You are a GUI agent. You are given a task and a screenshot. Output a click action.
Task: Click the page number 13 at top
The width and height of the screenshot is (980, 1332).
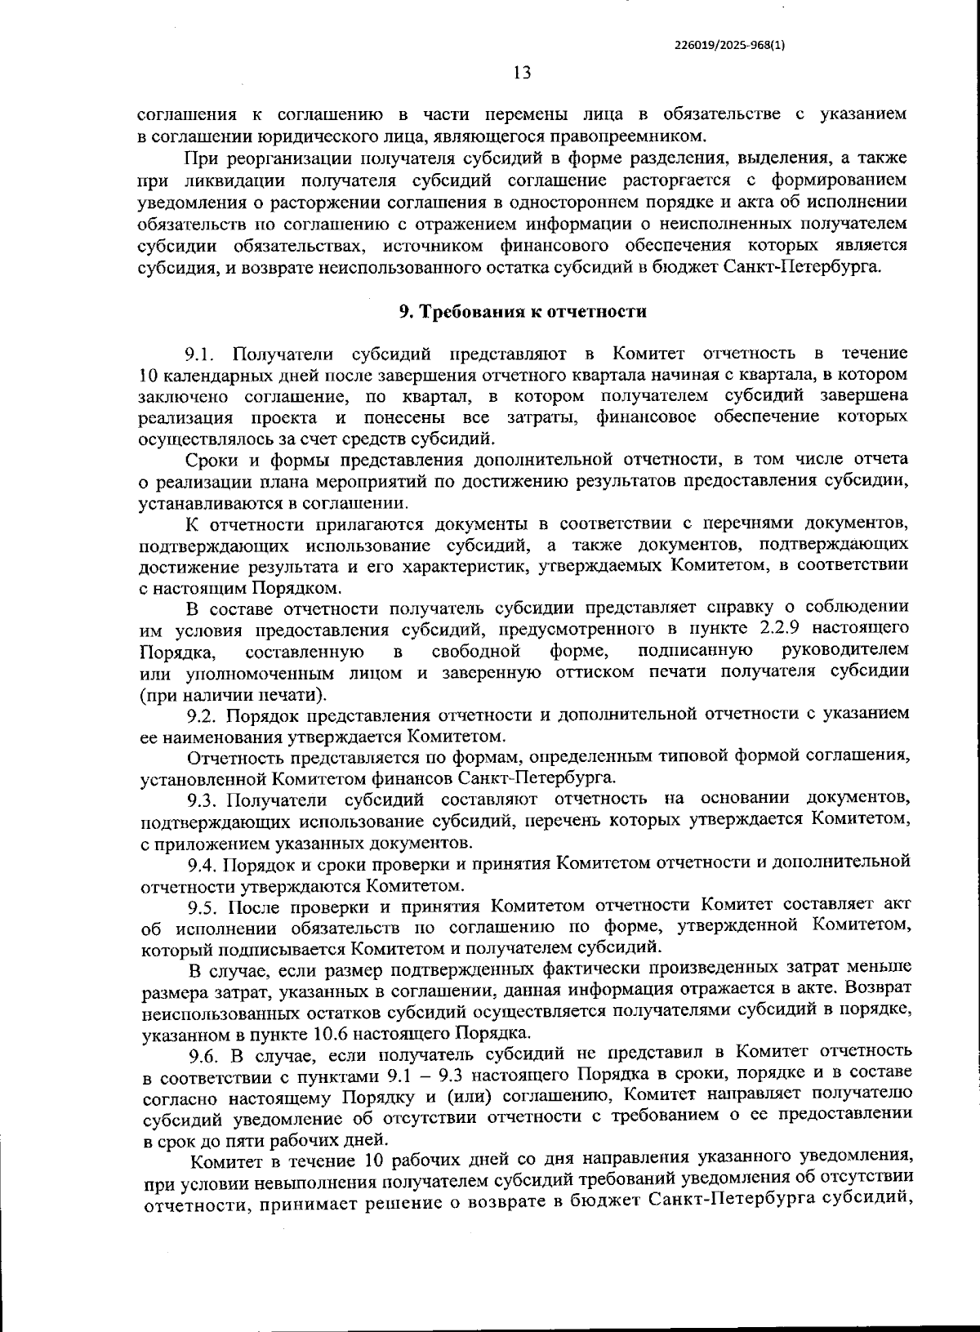pos(522,73)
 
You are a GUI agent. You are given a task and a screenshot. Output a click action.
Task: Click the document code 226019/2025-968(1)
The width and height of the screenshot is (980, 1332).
pos(730,45)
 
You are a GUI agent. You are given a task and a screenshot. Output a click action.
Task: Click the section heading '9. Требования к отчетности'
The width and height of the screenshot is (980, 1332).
pos(522,311)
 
